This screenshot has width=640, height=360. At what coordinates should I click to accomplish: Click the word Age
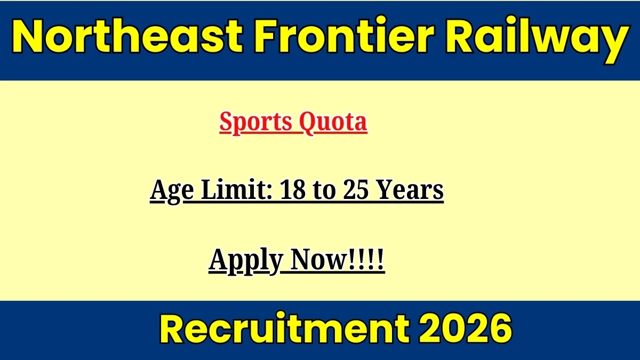172,191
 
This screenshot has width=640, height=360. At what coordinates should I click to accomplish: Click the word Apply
246,261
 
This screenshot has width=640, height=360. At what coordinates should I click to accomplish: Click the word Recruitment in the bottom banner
285,329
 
